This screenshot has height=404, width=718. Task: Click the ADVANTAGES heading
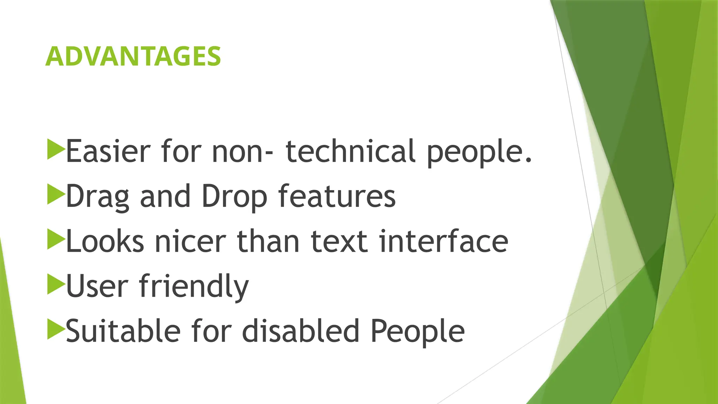133,56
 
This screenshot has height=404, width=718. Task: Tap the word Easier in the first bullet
108,151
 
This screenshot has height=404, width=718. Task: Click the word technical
351,151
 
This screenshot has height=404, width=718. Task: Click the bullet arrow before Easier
55,149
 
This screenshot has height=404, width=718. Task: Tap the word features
337,196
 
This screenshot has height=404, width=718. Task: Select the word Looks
105,241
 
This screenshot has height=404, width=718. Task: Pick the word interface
443,241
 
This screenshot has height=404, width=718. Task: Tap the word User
97,286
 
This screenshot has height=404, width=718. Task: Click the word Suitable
123,331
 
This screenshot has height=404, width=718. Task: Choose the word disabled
301,331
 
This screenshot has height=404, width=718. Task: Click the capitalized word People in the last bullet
418,332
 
